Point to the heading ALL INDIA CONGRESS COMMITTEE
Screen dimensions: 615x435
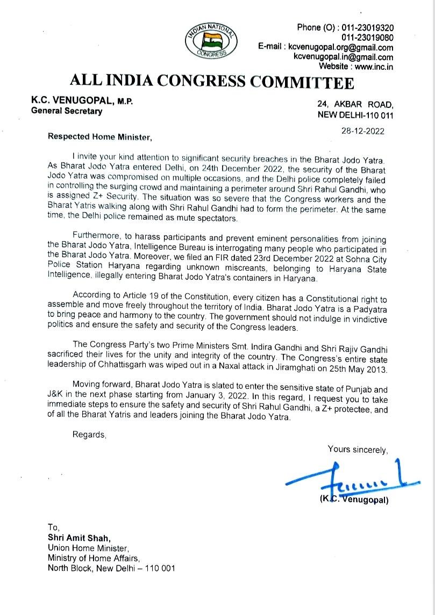pyautogui.click(x=212, y=82)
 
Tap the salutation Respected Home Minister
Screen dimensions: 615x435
pyautogui.click(x=100, y=136)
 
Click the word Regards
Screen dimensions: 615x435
pyautogui.click(x=89, y=435)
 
